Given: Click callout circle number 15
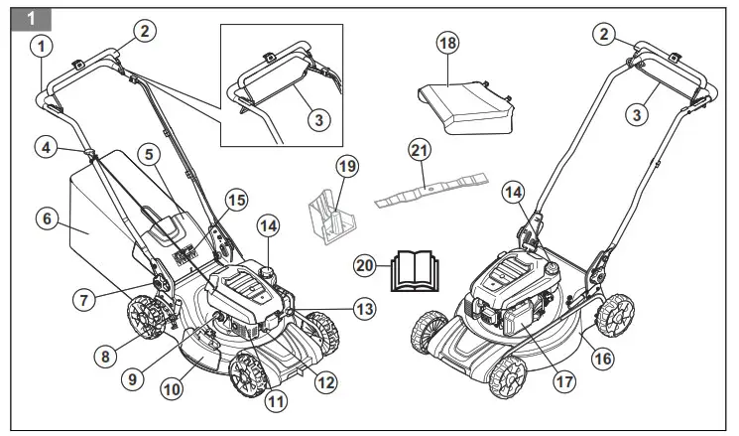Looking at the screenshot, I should [234, 201].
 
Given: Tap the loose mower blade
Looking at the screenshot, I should [432, 189].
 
